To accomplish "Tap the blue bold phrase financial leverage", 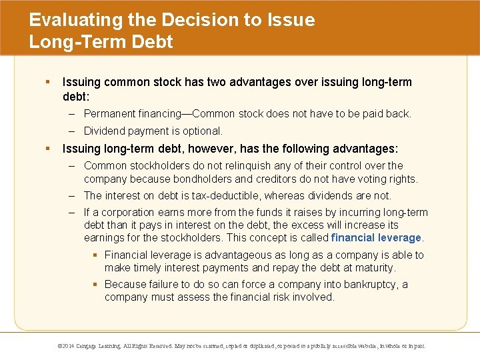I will point(377,237).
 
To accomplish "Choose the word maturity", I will point(372,267).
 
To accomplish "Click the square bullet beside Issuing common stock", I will point(47,82).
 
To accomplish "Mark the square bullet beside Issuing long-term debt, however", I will point(47,149).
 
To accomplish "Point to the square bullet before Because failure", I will point(96,285).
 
